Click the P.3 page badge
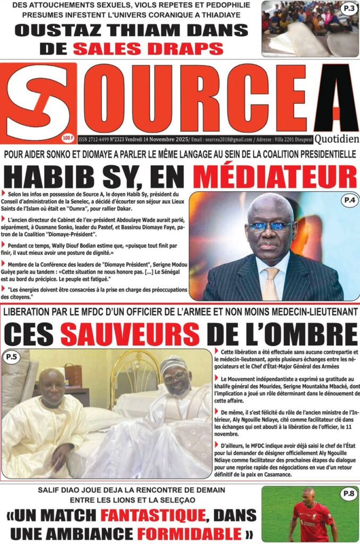[349, 8]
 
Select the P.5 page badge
[12, 358]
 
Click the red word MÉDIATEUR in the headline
[274, 176]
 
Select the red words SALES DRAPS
[148, 48]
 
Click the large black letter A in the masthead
[336, 98]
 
